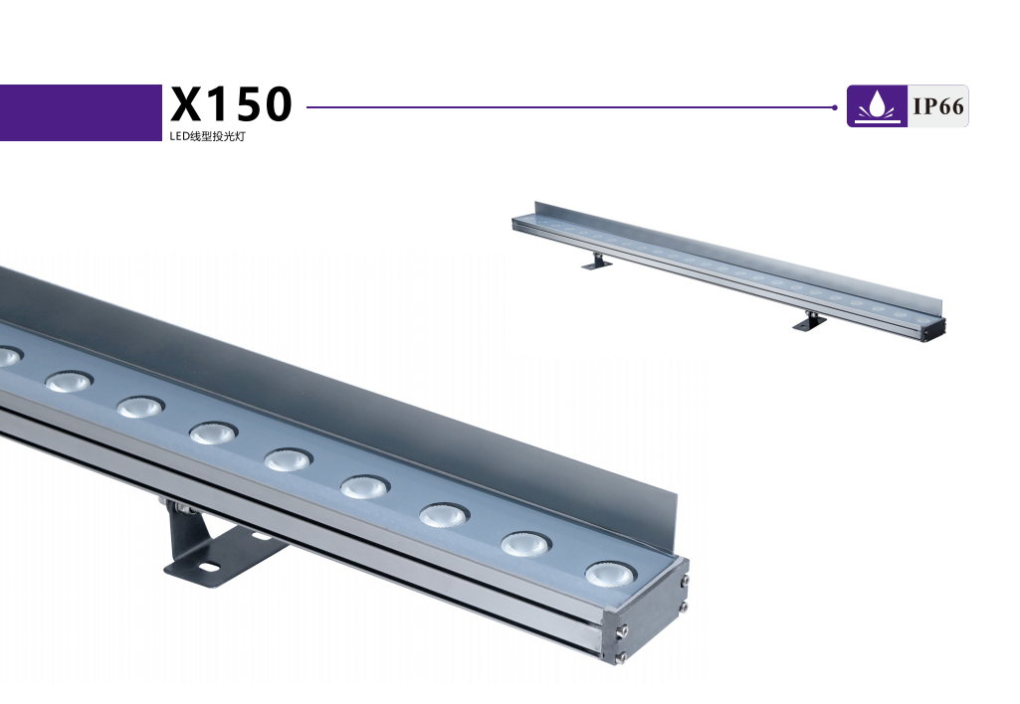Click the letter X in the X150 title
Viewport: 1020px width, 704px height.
pos(187,104)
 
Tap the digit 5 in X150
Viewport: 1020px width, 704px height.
pos(247,104)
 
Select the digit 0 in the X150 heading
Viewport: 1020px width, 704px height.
pos(278,104)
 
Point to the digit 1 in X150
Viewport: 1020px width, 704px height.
pos(219,104)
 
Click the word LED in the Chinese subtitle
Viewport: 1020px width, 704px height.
pos(178,136)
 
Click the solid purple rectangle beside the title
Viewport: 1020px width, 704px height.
pos(81,112)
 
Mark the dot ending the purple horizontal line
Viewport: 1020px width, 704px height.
pos(835,107)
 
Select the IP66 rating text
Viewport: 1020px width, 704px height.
pos(938,106)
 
